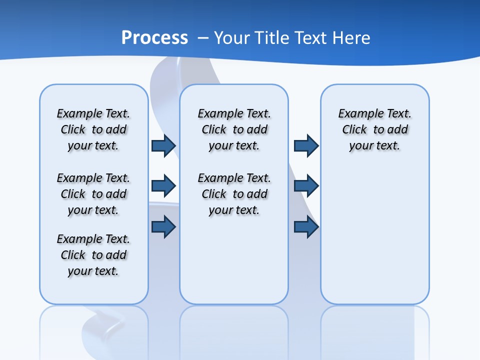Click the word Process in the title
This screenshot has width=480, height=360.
click(x=154, y=38)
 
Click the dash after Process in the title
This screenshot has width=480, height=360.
click(x=203, y=38)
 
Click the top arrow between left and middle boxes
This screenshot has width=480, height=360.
click(x=163, y=145)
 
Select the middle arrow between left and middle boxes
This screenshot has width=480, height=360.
click(x=163, y=186)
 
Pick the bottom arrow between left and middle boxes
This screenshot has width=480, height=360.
click(x=163, y=227)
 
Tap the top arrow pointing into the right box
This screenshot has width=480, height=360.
click(x=306, y=145)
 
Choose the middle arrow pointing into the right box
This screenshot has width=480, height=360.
click(x=306, y=186)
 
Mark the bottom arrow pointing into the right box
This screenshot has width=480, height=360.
click(x=306, y=227)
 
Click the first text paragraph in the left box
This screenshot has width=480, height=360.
click(x=93, y=129)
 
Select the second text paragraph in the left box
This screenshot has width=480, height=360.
click(x=93, y=194)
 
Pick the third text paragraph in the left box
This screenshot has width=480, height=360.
click(x=93, y=255)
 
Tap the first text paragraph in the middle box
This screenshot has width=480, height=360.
click(x=234, y=129)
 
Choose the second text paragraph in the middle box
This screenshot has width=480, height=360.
click(x=234, y=194)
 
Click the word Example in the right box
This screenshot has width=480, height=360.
click(x=357, y=113)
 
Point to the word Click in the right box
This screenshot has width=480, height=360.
click(x=354, y=129)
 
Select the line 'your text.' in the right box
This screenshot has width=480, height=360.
click(x=374, y=145)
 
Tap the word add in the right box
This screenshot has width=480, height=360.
click(x=398, y=129)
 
